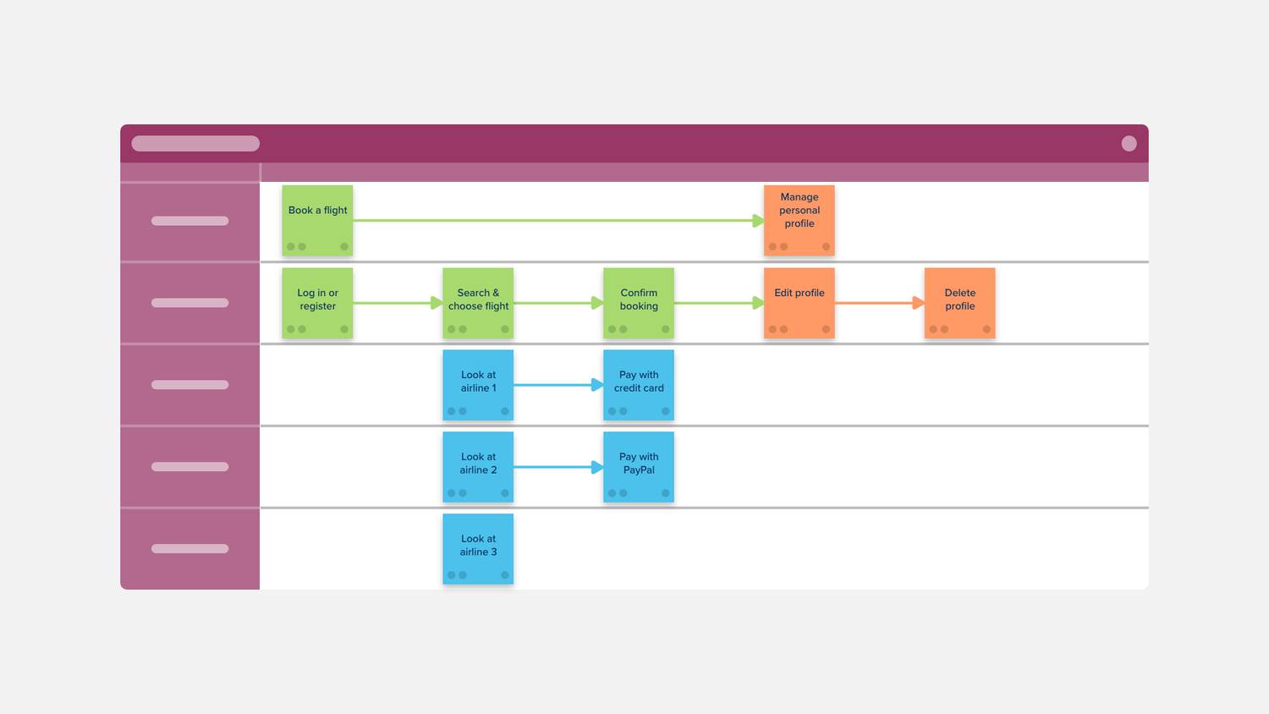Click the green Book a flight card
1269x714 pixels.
coord(317,221)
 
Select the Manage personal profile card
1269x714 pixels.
coord(799,221)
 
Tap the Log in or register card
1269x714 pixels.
coord(317,303)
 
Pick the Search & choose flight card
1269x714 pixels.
coord(478,303)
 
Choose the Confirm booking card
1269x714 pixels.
coord(639,303)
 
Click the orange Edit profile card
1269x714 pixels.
coord(799,303)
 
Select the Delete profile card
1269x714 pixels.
coord(959,303)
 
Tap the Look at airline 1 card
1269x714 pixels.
coord(478,385)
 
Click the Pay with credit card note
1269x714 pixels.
coord(639,385)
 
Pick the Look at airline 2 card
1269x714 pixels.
coord(478,467)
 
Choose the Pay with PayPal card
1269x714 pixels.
coord(639,467)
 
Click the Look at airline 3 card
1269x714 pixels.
coord(478,549)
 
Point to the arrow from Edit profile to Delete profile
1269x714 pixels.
coord(879,303)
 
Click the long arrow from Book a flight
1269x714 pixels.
coord(558,221)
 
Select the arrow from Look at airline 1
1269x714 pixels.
coord(558,385)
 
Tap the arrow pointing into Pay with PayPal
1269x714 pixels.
coord(558,467)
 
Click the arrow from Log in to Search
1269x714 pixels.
coord(398,303)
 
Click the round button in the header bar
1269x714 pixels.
coord(1129,143)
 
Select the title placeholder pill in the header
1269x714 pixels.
coord(195,143)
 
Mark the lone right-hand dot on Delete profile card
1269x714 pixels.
coord(986,329)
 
